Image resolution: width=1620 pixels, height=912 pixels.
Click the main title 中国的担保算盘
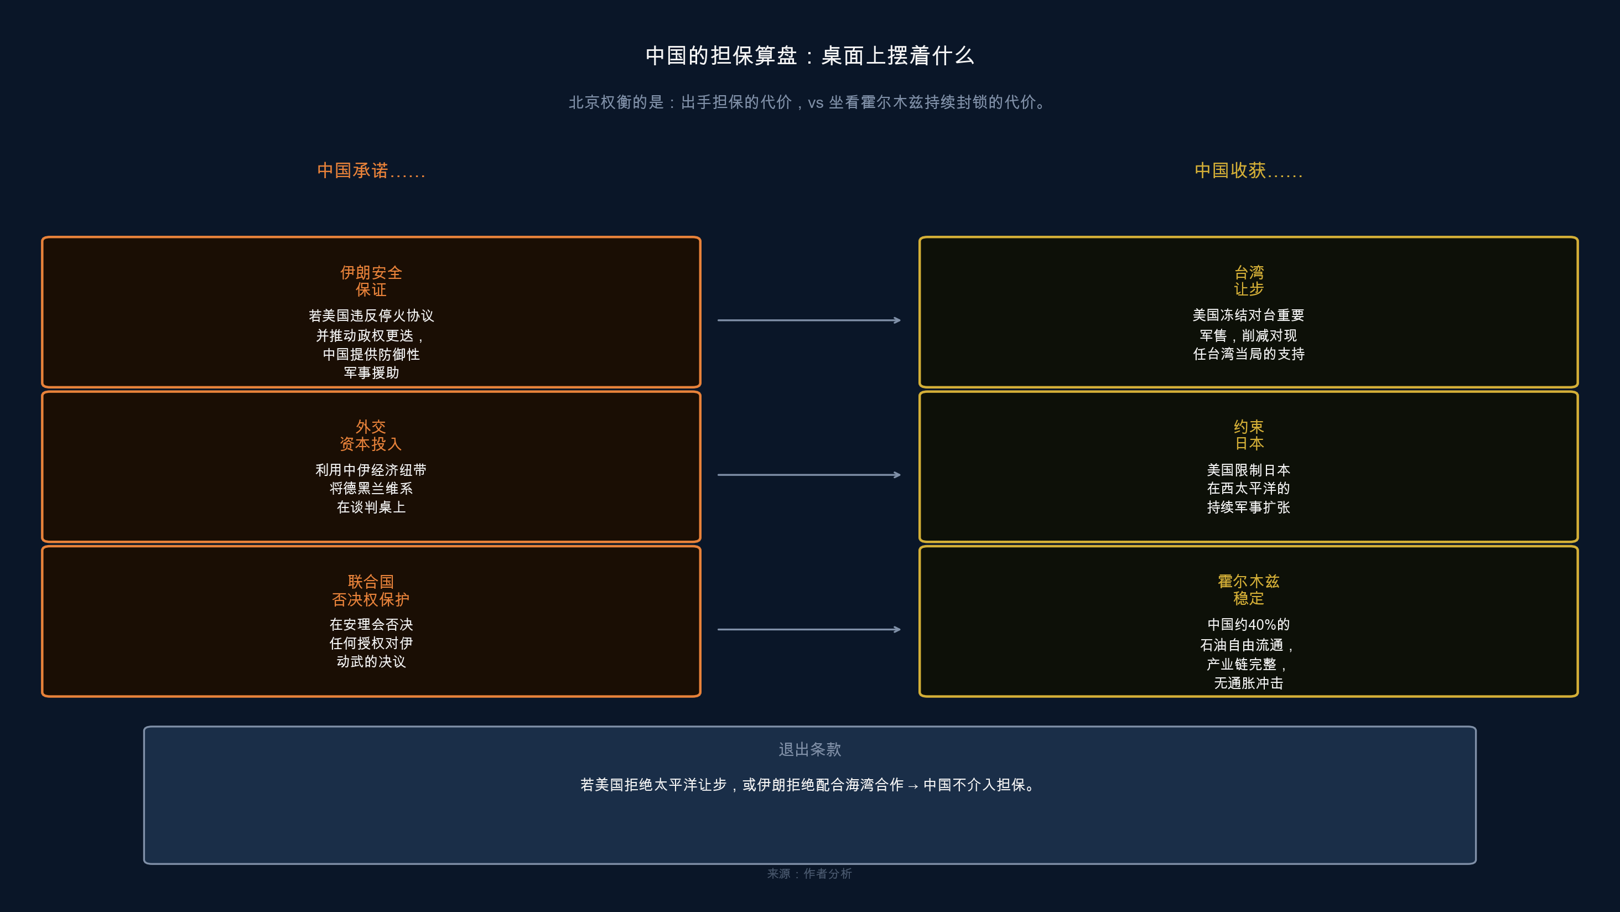click(809, 56)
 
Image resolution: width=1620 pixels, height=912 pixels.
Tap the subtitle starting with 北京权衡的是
click(809, 102)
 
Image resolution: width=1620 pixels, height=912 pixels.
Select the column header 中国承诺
click(371, 170)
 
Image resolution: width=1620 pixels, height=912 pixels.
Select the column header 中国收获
click(1248, 170)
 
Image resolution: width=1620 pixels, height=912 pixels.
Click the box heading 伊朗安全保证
click(371, 281)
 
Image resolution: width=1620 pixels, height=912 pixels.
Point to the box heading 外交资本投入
click(371, 435)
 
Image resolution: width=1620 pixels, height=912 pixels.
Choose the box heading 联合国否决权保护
click(371, 590)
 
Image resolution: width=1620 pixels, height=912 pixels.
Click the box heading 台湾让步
click(1248, 281)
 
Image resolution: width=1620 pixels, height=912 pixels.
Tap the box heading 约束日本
click(1248, 435)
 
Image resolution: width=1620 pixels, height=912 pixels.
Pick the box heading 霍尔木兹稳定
click(1248, 589)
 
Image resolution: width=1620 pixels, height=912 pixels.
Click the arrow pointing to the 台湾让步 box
click(809, 320)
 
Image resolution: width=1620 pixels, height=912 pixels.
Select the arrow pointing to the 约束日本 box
click(809, 475)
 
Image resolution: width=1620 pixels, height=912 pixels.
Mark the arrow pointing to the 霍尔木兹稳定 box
click(809, 629)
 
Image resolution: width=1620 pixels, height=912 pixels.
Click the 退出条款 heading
click(809, 749)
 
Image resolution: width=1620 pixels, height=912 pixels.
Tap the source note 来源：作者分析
click(809, 874)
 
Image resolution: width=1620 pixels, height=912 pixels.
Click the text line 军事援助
click(371, 373)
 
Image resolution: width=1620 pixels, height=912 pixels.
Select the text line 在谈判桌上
click(371, 507)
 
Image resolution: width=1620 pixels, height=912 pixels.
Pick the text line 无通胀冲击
click(1248, 683)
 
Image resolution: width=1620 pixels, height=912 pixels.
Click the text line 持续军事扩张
click(1248, 507)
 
